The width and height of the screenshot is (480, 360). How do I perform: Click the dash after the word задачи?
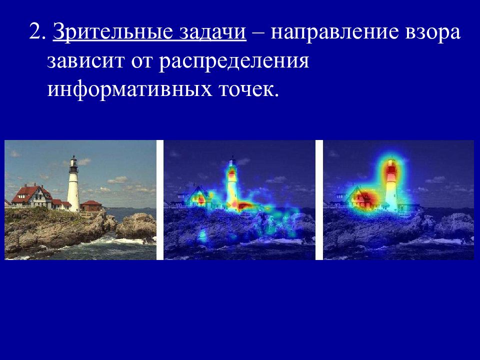[259, 33]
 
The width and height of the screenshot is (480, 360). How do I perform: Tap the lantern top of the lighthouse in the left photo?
[73, 162]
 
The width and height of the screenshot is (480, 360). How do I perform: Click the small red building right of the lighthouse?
[91, 205]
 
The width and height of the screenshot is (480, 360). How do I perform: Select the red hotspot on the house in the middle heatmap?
[200, 199]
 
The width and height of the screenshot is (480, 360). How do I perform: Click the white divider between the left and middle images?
[160, 200]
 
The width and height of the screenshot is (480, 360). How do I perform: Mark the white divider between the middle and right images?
[319, 200]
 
